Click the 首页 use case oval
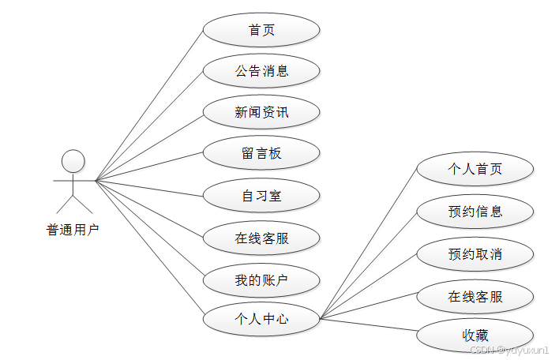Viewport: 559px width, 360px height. [x=261, y=30]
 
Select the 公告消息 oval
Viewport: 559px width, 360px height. [x=261, y=71]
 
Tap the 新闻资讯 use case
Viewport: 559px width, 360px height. [x=261, y=112]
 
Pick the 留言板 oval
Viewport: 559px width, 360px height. [x=261, y=153]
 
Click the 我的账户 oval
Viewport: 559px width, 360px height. [x=261, y=279]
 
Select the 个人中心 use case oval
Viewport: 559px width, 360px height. [x=261, y=320]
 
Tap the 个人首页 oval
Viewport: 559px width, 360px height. [x=475, y=169]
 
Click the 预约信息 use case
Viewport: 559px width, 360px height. [x=475, y=212]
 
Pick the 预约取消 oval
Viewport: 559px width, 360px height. [x=475, y=254]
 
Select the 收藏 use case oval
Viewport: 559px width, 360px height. [x=475, y=336]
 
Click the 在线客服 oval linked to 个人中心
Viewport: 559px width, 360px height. [x=475, y=297]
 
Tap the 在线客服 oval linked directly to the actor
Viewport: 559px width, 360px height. [x=261, y=238]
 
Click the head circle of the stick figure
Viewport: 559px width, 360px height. [x=73, y=161]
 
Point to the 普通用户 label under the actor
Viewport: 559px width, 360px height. [x=73, y=231]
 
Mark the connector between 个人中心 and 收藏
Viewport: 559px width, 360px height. [x=368, y=324]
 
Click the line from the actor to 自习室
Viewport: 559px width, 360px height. [x=150, y=188]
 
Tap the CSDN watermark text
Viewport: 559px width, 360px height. [x=509, y=350]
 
